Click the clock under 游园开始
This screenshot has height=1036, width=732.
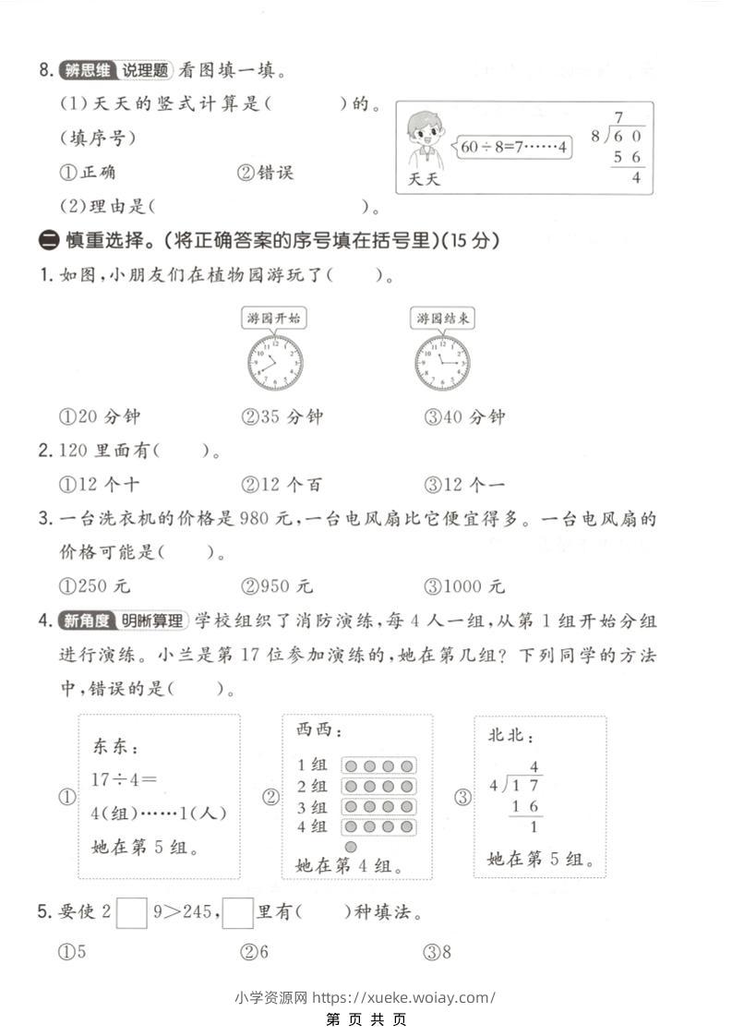[x=275, y=362]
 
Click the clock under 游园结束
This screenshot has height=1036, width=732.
[x=441, y=362]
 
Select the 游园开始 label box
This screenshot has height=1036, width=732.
[x=274, y=319]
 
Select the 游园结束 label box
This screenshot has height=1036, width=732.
[x=442, y=319]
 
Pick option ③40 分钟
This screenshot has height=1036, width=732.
[x=465, y=416]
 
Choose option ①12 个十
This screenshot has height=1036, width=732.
[x=100, y=484]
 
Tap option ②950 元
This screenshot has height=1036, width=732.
[x=278, y=585]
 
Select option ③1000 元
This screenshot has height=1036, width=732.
[x=465, y=585]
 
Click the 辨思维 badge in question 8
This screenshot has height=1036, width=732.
[x=86, y=70]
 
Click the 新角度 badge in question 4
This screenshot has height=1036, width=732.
[x=86, y=620]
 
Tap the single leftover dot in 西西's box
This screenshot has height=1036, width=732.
[x=351, y=846]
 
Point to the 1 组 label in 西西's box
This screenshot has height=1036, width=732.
[x=312, y=765]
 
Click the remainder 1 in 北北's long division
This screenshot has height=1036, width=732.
[x=534, y=827]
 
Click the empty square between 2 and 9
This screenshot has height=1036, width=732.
[x=133, y=913]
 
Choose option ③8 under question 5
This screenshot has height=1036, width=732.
[x=438, y=952]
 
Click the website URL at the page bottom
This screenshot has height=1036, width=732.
[x=404, y=997]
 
